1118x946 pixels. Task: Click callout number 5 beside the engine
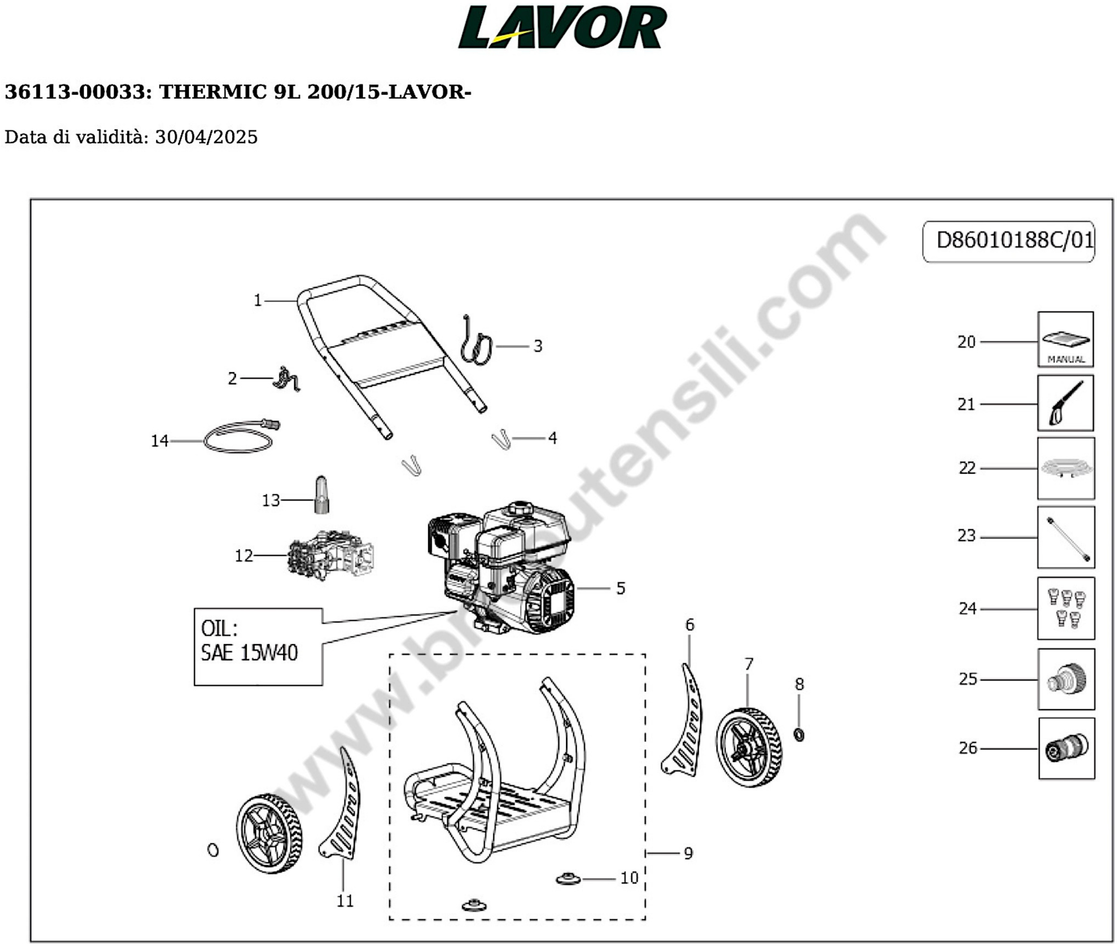(x=620, y=588)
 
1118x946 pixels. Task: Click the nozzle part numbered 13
(x=321, y=496)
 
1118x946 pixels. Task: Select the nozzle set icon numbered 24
(x=1066, y=608)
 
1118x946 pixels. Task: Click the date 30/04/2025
(x=206, y=137)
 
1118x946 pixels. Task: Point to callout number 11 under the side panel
(x=345, y=901)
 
